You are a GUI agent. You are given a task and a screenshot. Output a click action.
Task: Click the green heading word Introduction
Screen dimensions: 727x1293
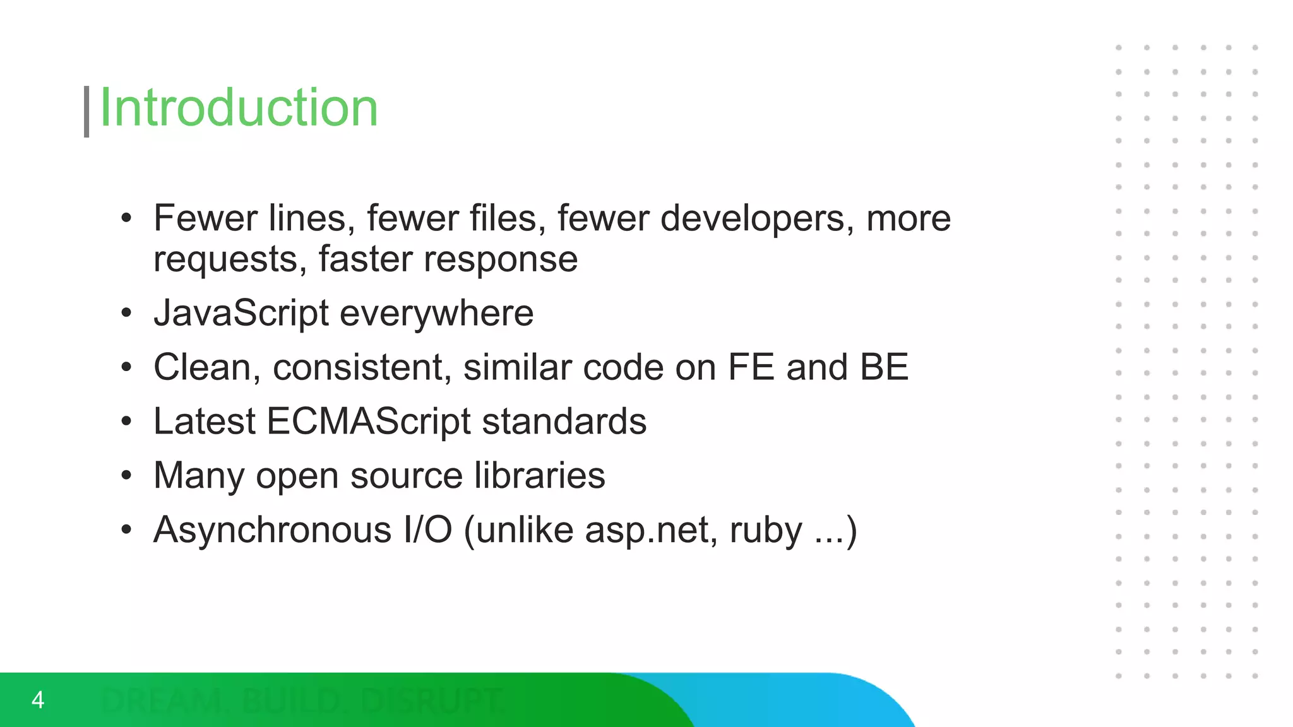tap(239, 108)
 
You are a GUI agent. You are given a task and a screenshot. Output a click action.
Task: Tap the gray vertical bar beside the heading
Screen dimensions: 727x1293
tap(86, 111)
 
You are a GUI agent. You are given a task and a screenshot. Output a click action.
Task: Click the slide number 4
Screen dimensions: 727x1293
tap(38, 700)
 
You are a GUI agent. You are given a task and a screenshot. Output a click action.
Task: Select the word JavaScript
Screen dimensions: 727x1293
tap(241, 313)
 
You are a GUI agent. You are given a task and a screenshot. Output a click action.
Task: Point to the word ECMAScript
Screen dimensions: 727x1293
tap(368, 421)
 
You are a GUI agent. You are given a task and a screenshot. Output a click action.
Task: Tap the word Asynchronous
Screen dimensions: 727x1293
tap(272, 529)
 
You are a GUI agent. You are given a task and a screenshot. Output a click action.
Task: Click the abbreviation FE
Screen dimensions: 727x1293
tap(751, 367)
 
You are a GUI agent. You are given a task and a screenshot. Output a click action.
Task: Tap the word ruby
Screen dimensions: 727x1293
tap(765, 529)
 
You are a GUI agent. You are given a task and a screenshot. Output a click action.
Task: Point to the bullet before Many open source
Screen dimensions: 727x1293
tap(126, 475)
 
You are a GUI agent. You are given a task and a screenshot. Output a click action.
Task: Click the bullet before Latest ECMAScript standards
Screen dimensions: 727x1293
tap(126, 421)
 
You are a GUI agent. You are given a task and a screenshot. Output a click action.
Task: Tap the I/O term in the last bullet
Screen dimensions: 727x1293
tap(427, 529)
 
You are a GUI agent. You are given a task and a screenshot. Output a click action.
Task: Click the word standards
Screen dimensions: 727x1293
tap(564, 421)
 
